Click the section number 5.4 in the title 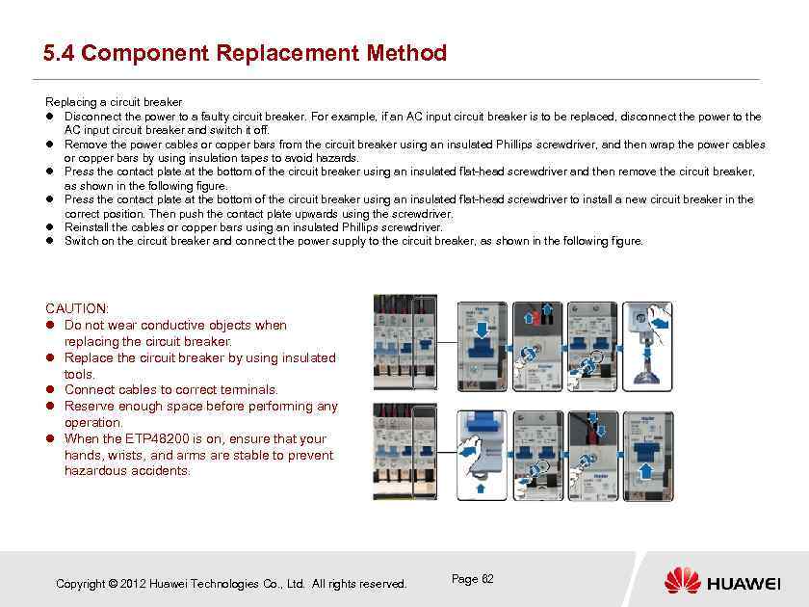(x=59, y=53)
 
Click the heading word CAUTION (x=76, y=308)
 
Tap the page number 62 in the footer (x=487, y=579)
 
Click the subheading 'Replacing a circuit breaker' (x=114, y=102)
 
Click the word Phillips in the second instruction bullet (x=520, y=145)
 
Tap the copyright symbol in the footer (x=114, y=584)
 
